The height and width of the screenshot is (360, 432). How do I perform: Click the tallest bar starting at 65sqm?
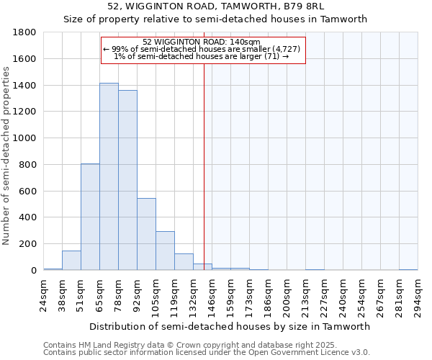pyautogui.click(x=109, y=176)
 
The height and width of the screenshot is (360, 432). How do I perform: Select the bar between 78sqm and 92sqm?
pyautogui.click(x=127, y=180)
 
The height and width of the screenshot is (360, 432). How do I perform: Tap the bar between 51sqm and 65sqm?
pyautogui.click(x=90, y=217)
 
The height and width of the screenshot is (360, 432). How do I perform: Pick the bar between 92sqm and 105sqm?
pyautogui.click(x=146, y=234)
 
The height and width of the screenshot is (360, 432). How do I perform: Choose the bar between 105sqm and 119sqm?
pyautogui.click(x=165, y=251)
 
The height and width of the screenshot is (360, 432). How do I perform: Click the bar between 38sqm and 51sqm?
pyautogui.click(x=71, y=261)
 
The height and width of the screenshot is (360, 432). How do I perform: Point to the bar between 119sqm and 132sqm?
pyautogui.click(x=184, y=262)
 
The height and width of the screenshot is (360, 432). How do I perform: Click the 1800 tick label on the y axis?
pyautogui.click(x=25, y=32)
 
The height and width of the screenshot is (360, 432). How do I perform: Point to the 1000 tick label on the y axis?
pyautogui.click(x=25, y=138)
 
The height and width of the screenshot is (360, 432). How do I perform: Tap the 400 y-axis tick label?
pyautogui.click(x=28, y=217)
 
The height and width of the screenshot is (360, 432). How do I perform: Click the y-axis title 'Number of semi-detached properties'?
pyautogui.click(x=7, y=156)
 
